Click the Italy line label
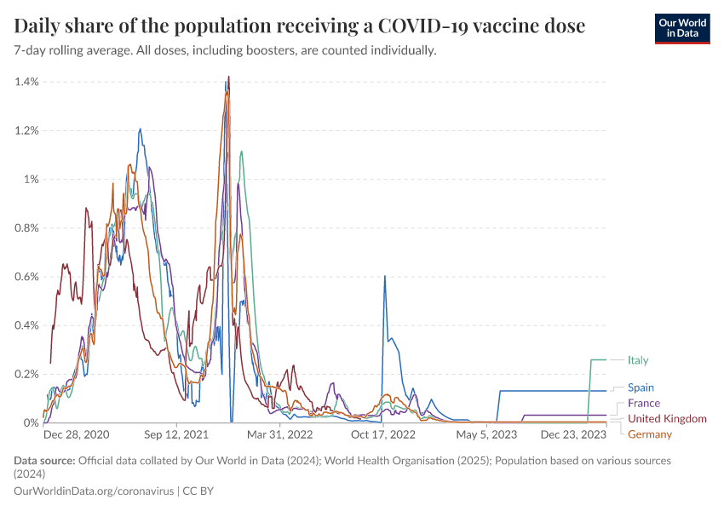638,360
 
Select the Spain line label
641,388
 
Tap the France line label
643,403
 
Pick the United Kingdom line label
667,419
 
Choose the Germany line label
649,434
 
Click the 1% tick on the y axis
32,180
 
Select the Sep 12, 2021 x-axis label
177,434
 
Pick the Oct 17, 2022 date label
383,434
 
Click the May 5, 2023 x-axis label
487,434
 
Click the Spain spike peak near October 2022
385,277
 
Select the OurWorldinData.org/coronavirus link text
94,491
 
